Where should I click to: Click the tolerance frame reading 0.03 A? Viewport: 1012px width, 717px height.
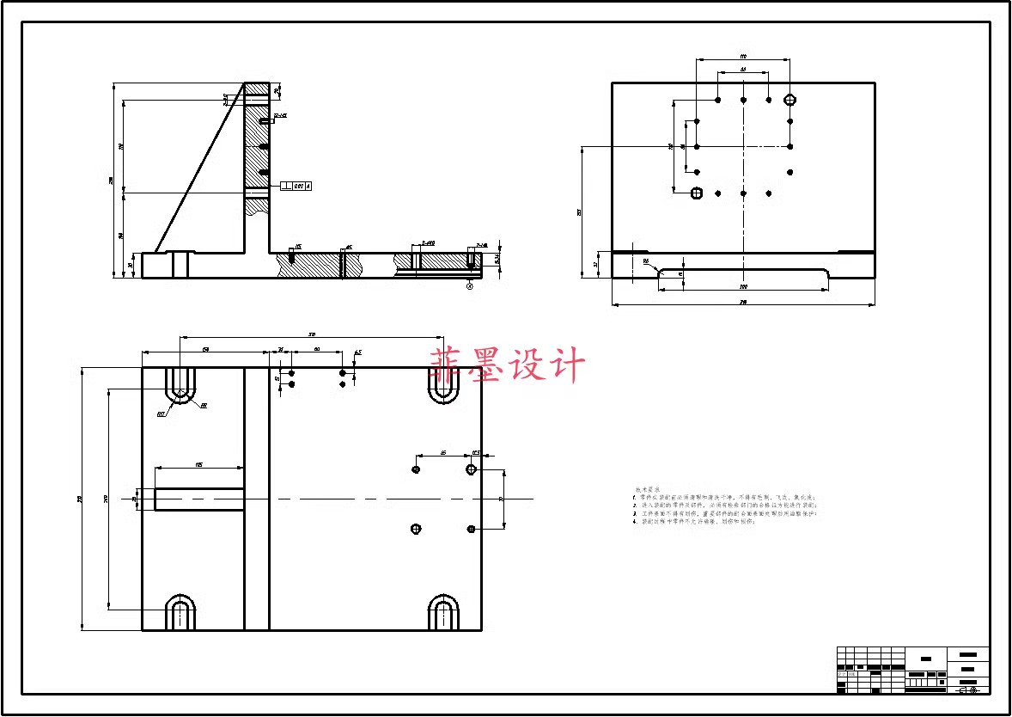click(296, 185)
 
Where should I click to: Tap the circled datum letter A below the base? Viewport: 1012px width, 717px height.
click(470, 286)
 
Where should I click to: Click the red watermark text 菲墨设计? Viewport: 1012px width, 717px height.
click(508, 365)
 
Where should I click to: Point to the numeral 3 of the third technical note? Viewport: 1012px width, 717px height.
click(634, 513)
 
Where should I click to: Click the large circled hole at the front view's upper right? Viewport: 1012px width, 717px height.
click(790, 100)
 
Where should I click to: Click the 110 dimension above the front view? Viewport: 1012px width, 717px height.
click(743, 56)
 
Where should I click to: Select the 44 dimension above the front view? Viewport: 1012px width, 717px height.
click(743, 69)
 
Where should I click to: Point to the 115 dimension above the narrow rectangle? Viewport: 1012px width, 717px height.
click(198, 464)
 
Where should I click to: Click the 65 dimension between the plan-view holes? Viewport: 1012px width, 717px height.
click(442, 451)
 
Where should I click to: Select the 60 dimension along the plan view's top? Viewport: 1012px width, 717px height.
click(317, 349)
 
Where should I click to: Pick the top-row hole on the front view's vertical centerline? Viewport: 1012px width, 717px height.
click(743, 100)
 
